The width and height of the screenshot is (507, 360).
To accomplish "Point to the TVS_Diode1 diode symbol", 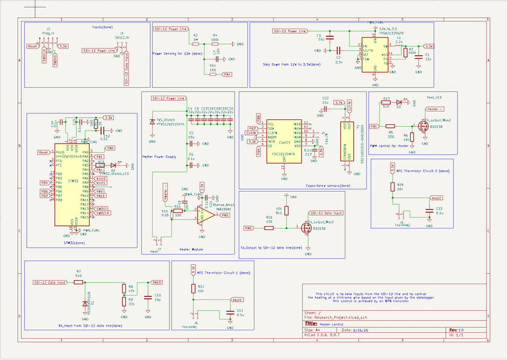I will tap(152, 122).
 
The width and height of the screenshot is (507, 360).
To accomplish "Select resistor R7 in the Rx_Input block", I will tap(78, 282).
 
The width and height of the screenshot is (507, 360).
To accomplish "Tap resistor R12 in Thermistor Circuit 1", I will tap(193, 288).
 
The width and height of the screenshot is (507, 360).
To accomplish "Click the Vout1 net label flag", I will tap(237, 300).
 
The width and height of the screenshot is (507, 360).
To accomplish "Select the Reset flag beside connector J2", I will tap(33, 46).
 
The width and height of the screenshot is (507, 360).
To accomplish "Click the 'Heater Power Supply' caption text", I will tap(160, 156).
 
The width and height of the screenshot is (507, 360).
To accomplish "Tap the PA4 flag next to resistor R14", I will tap(227, 75).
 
